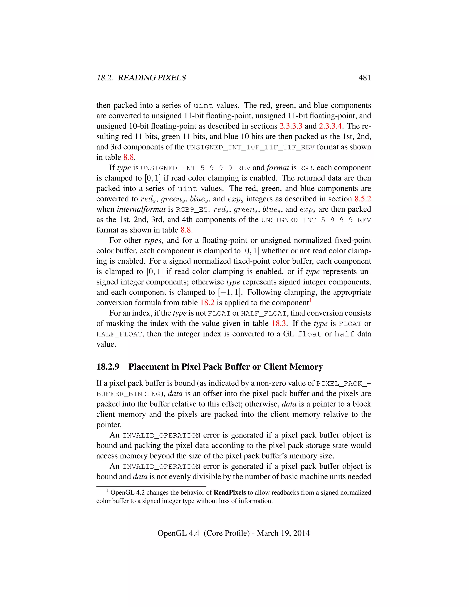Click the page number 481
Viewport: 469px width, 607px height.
pos(364,78)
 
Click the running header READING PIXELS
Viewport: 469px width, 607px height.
pos(152,78)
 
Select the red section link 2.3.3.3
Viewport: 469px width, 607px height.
pos(291,126)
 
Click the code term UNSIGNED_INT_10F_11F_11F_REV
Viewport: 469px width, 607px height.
pos(250,147)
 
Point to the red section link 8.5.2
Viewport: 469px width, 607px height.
pos(363,199)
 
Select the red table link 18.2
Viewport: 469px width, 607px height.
pos(207,303)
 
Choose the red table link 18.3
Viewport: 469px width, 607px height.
pos(279,323)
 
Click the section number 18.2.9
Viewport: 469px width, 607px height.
pos(108,367)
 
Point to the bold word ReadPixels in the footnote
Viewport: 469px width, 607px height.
pos(229,492)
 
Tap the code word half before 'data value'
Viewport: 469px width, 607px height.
pos(344,334)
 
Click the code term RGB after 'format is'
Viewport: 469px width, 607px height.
pos(306,168)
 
